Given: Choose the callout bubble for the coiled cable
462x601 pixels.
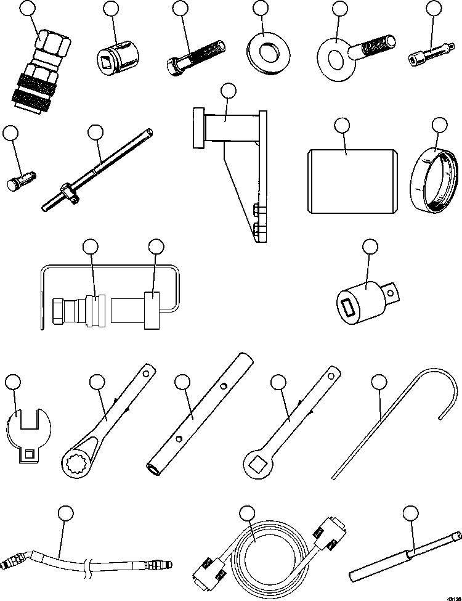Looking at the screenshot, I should (246, 513).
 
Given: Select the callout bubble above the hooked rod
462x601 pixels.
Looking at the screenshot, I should (380, 383).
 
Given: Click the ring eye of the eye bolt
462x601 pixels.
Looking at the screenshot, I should (336, 58).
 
